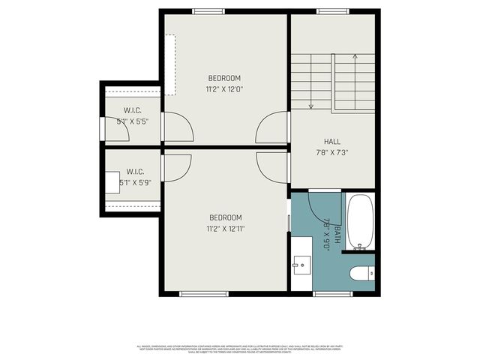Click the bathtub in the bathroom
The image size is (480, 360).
pos(361,223)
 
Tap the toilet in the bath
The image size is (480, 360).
pos(361,274)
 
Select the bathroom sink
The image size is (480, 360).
pos(301,263)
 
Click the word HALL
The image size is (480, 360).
pos(332,141)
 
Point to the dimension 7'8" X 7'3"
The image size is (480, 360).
pos(332,151)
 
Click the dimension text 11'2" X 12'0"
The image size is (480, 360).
pos(224,89)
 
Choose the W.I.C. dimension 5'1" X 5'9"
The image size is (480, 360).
pos(140,181)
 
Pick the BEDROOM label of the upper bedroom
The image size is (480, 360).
pos(224,79)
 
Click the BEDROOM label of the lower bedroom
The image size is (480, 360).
pos(225,217)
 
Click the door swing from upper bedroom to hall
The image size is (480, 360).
pos(271,129)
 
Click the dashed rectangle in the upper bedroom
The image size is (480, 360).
pos(171,64)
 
